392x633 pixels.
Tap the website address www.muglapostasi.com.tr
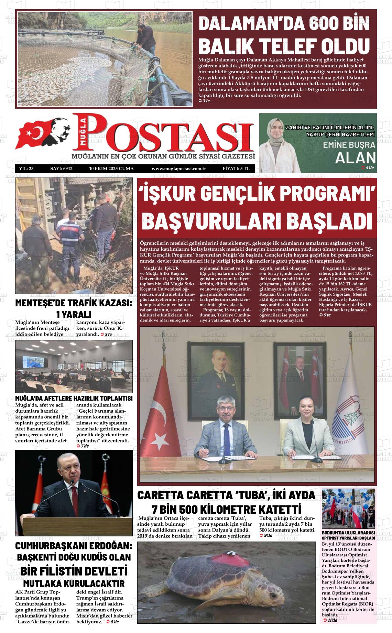(178, 169)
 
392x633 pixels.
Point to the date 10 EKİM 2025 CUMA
(111, 169)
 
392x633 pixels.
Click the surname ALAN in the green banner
(355, 157)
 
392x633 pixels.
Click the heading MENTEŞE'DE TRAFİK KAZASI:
(74, 303)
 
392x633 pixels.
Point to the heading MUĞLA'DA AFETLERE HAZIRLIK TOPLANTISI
(74, 399)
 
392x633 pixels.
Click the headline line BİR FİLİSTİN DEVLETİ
(74, 571)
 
